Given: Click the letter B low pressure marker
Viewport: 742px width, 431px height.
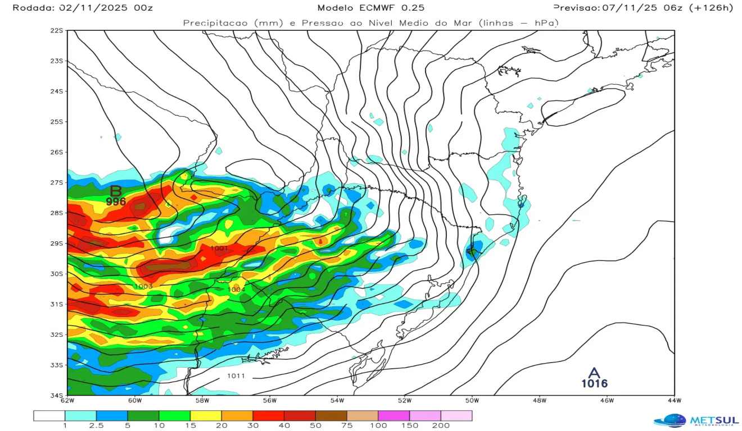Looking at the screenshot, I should click(116, 191).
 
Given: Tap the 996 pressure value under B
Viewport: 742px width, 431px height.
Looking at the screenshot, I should click(116, 201).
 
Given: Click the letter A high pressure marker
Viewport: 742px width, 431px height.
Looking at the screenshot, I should click(594, 373).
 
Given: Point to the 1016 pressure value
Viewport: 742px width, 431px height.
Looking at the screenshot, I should click(594, 384).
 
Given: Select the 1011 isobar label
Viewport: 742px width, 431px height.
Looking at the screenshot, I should click(236, 375).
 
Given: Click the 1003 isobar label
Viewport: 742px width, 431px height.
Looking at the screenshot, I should click(143, 286).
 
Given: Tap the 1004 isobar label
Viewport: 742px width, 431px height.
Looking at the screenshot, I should click(236, 289).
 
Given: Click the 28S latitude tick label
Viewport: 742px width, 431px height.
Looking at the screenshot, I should click(57, 213).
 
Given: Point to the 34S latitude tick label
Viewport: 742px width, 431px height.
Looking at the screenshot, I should click(57, 395).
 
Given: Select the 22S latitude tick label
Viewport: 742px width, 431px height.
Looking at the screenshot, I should click(57, 30).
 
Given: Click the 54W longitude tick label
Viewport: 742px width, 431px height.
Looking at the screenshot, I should click(337, 401).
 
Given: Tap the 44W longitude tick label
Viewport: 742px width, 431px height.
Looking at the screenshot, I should click(674, 401).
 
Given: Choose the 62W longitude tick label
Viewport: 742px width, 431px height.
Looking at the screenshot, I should click(67, 401).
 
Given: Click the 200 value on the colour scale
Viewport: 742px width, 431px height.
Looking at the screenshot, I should click(440, 426).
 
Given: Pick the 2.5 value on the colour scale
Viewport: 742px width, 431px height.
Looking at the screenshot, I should click(96, 426).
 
